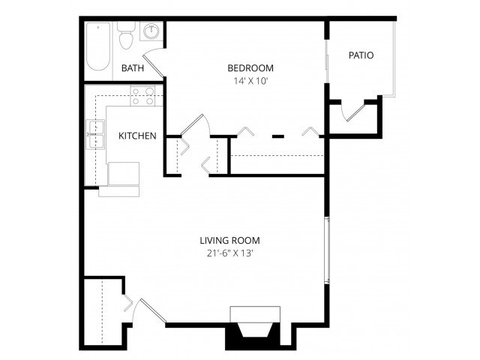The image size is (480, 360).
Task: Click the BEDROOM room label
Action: coord(250,67)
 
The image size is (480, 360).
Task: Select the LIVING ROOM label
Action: coord(229,241)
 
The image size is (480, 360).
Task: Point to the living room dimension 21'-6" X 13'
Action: coord(229,253)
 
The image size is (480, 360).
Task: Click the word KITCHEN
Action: coord(137,136)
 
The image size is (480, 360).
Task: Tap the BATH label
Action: coord(133,68)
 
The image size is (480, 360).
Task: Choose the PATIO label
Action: coord(361,55)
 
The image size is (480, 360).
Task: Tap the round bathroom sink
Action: coord(152,32)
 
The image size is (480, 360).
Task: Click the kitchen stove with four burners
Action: coord(142,96)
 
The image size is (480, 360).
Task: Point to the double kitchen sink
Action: coord(95,135)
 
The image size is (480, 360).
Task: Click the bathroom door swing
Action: coord(154,61)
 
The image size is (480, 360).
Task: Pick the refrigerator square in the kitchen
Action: coord(124,173)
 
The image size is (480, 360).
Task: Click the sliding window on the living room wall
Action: coord(326,250)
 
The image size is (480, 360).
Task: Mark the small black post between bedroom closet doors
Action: coord(277,136)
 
